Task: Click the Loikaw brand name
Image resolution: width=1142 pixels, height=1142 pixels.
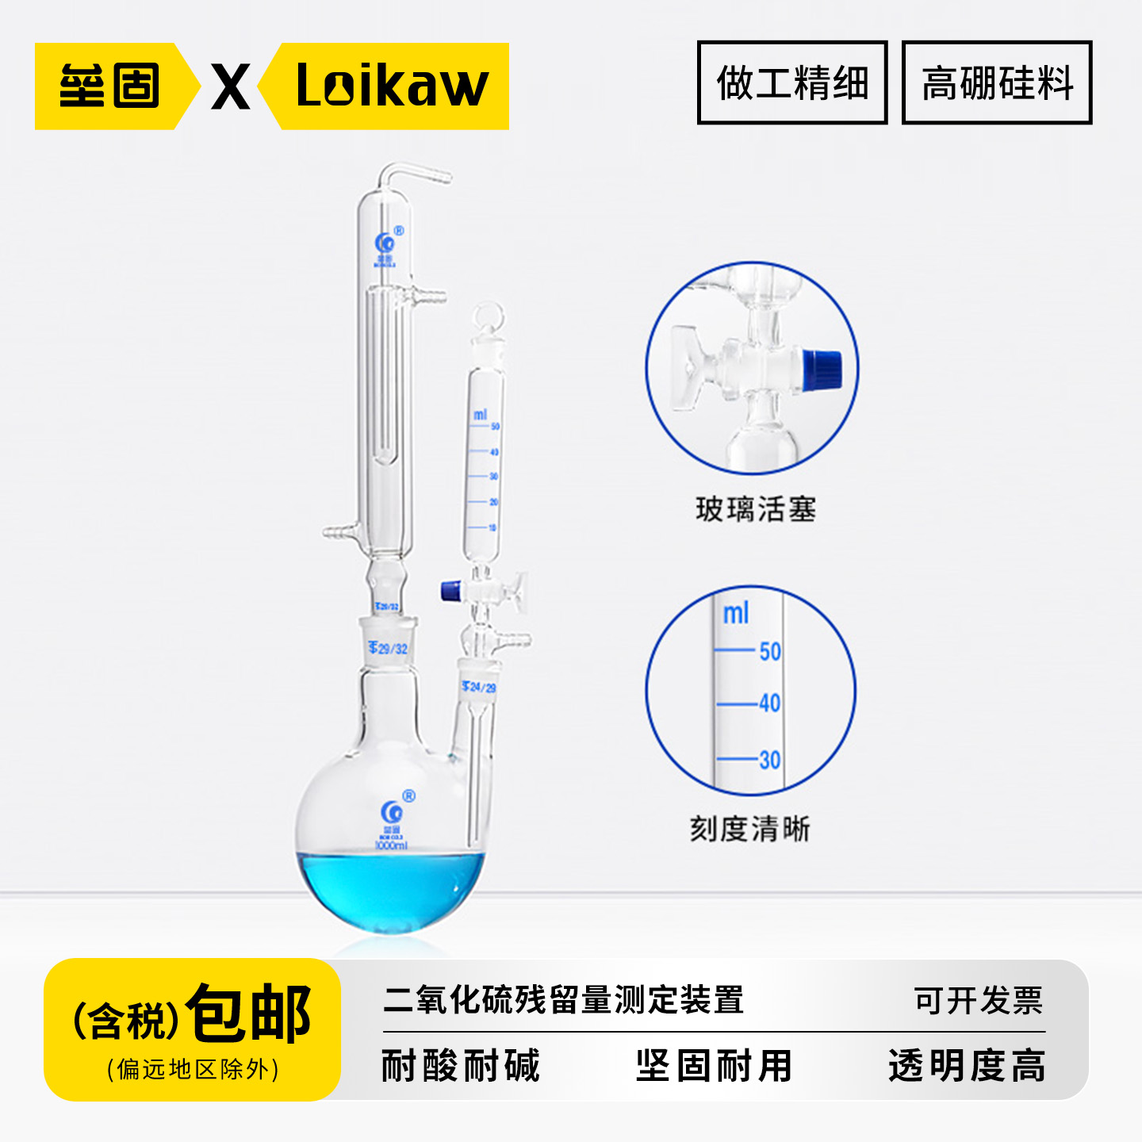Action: pos(392,86)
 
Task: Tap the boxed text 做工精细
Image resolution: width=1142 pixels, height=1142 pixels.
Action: pos(791,82)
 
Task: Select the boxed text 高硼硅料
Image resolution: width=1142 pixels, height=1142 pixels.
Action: pos(997,82)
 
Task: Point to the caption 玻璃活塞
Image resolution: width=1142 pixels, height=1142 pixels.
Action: pos(756,509)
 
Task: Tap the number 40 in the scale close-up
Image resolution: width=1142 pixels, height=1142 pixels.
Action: pos(769,703)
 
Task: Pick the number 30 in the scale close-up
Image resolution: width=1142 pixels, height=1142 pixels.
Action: pos(769,761)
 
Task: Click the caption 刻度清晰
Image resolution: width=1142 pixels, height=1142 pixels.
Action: pos(749,830)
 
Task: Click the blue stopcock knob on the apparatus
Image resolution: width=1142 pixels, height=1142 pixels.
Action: pos(451,590)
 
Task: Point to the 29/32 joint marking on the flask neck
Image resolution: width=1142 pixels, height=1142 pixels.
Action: pos(389,649)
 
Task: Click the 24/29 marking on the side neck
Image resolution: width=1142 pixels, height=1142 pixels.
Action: pos(479,687)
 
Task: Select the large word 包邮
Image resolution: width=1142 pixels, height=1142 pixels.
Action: pos(248,1013)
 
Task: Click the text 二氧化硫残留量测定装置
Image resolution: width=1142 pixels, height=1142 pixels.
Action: pos(563,1000)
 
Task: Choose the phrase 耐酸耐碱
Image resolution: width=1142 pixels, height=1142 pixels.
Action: pos(461,1065)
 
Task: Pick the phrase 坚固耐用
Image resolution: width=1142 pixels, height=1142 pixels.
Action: pos(714,1065)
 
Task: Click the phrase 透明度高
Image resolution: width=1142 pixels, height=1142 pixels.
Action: pos(967,1065)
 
